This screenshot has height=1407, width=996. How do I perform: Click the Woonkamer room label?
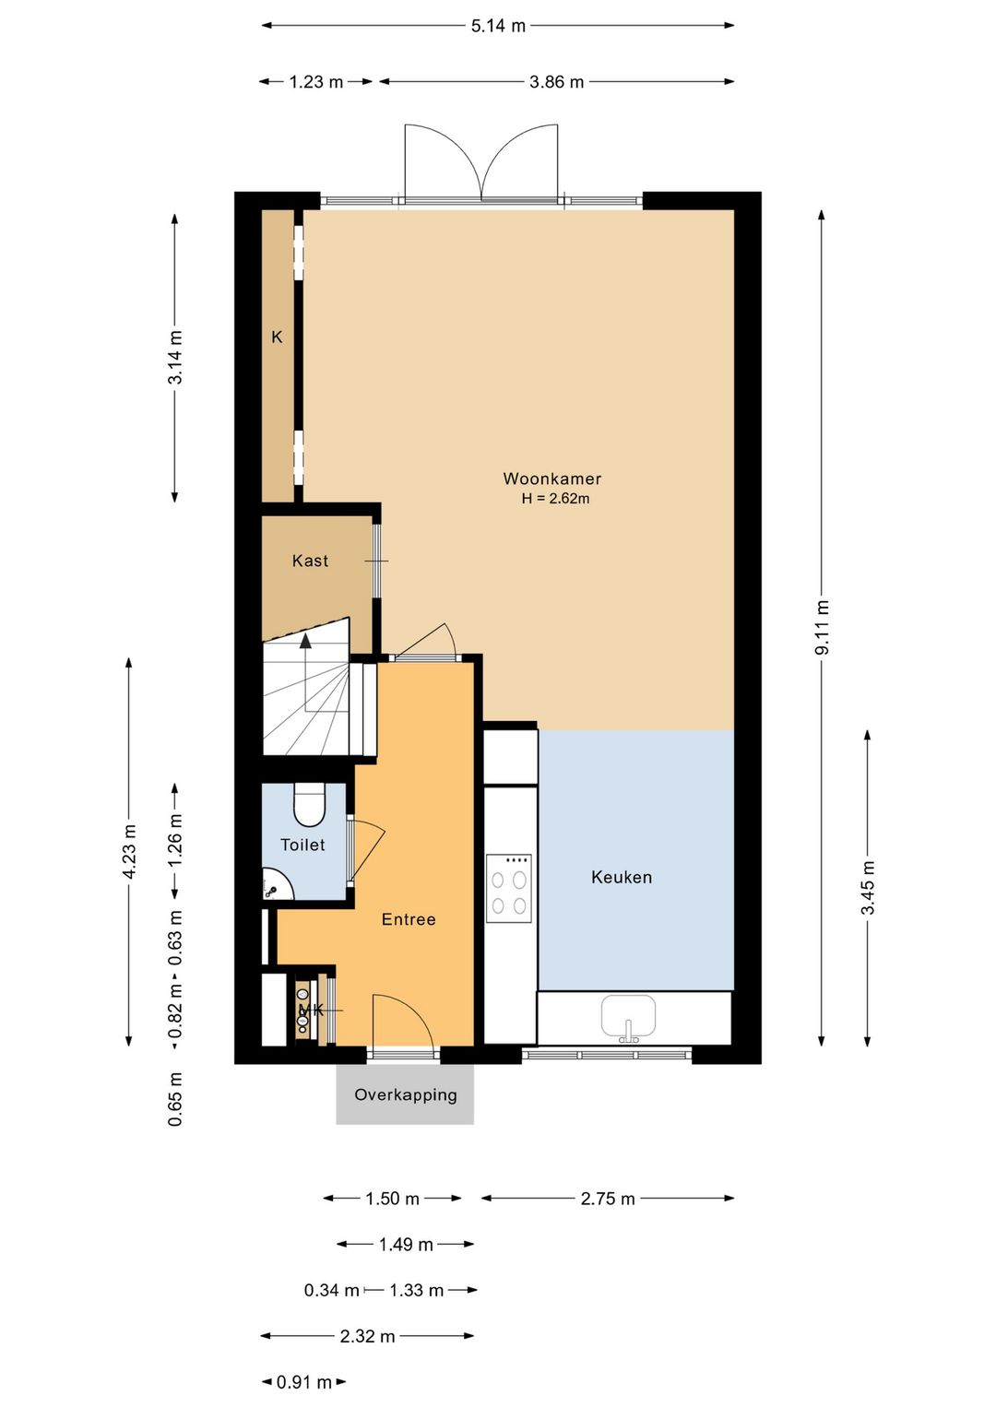(x=551, y=479)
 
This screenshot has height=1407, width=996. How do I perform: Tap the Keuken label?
(x=622, y=877)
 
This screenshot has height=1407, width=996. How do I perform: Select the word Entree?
(x=409, y=919)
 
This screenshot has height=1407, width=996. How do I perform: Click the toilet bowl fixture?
(x=309, y=805)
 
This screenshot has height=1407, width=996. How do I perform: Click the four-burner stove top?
(x=509, y=888)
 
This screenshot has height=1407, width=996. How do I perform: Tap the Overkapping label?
(x=405, y=1094)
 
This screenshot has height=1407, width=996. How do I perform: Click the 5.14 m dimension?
(x=498, y=26)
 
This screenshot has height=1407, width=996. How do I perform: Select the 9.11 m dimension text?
(x=822, y=628)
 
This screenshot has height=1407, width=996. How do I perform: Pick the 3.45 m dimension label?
(x=868, y=888)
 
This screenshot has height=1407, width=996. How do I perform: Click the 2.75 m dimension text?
(x=608, y=1199)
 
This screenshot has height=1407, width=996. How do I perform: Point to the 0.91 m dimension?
(x=304, y=1382)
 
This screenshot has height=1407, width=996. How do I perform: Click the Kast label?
(x=311, y=561)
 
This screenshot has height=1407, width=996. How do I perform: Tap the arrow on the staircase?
(x=305, y=672)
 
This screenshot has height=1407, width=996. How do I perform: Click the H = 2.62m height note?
(x=555, y=500)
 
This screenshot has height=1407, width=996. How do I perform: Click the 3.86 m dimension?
(x=557, y=82)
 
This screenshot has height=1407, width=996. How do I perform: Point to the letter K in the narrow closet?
(x=277, y=337)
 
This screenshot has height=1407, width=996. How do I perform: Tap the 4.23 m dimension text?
(x=129, y=852)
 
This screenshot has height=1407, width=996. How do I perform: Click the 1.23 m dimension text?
(x=316, y=82)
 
